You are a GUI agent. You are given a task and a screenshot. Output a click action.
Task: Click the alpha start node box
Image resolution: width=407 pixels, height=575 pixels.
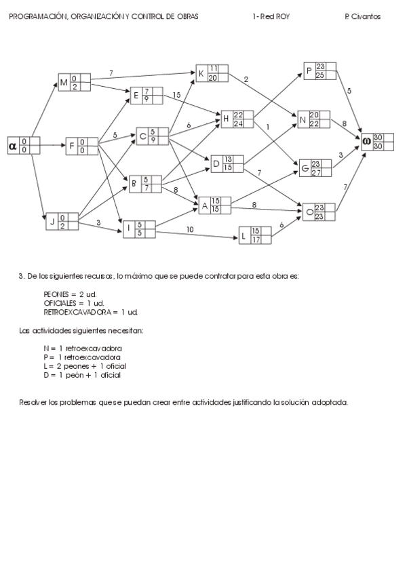[24, 145]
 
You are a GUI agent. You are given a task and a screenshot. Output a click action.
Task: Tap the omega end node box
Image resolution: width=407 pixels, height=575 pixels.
[377, 141]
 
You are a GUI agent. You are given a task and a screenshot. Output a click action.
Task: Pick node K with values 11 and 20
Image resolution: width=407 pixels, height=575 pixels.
[212, 73]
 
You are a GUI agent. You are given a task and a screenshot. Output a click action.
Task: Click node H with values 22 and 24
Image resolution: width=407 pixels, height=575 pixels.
[237, 119]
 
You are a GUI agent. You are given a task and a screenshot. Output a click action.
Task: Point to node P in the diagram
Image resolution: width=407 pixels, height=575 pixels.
[320, 70]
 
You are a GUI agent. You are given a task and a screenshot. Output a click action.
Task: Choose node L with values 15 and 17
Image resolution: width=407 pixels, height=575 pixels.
[255, 235]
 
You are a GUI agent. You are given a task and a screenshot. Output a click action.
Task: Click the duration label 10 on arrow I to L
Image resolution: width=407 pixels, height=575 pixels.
[190, 230]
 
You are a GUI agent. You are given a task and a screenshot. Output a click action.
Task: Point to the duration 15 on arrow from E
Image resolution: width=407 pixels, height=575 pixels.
[176, 95]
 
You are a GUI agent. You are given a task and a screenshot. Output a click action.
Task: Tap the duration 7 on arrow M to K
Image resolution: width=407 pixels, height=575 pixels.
[111, 72]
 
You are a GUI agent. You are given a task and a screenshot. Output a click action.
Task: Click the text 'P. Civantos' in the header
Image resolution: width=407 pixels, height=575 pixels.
[362, 17]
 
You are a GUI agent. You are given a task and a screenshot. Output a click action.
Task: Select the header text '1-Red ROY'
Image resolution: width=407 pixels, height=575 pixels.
[270, 17]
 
